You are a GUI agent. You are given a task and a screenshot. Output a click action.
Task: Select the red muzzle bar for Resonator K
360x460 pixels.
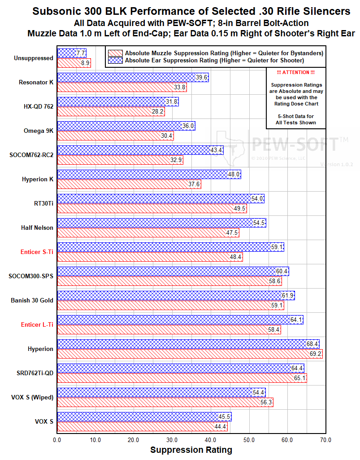pos(121,88)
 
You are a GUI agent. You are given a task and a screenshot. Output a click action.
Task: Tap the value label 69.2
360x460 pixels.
pos(316,354)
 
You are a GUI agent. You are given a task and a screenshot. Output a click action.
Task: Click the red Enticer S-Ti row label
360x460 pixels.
pos(37,252)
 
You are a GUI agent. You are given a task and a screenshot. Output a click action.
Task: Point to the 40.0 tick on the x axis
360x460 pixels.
pos(211,440)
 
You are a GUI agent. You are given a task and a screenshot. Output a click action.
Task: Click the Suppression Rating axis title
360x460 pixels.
pos(191,450)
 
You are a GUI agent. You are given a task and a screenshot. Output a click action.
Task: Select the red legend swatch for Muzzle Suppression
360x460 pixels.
pos(115,53)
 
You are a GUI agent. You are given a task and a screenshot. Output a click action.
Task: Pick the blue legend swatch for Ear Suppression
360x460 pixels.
pos(115,60)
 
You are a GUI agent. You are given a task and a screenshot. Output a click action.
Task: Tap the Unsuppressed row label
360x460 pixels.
pos(33,58)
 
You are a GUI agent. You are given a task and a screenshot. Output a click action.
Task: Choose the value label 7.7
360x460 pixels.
pos(81,53)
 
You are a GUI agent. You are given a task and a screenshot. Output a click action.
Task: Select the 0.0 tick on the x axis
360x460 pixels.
pos(57,440)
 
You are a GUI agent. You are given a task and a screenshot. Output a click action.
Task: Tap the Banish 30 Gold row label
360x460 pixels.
pos(32,300)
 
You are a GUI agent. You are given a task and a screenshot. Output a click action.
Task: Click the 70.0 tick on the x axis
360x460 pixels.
pos(325,440)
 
